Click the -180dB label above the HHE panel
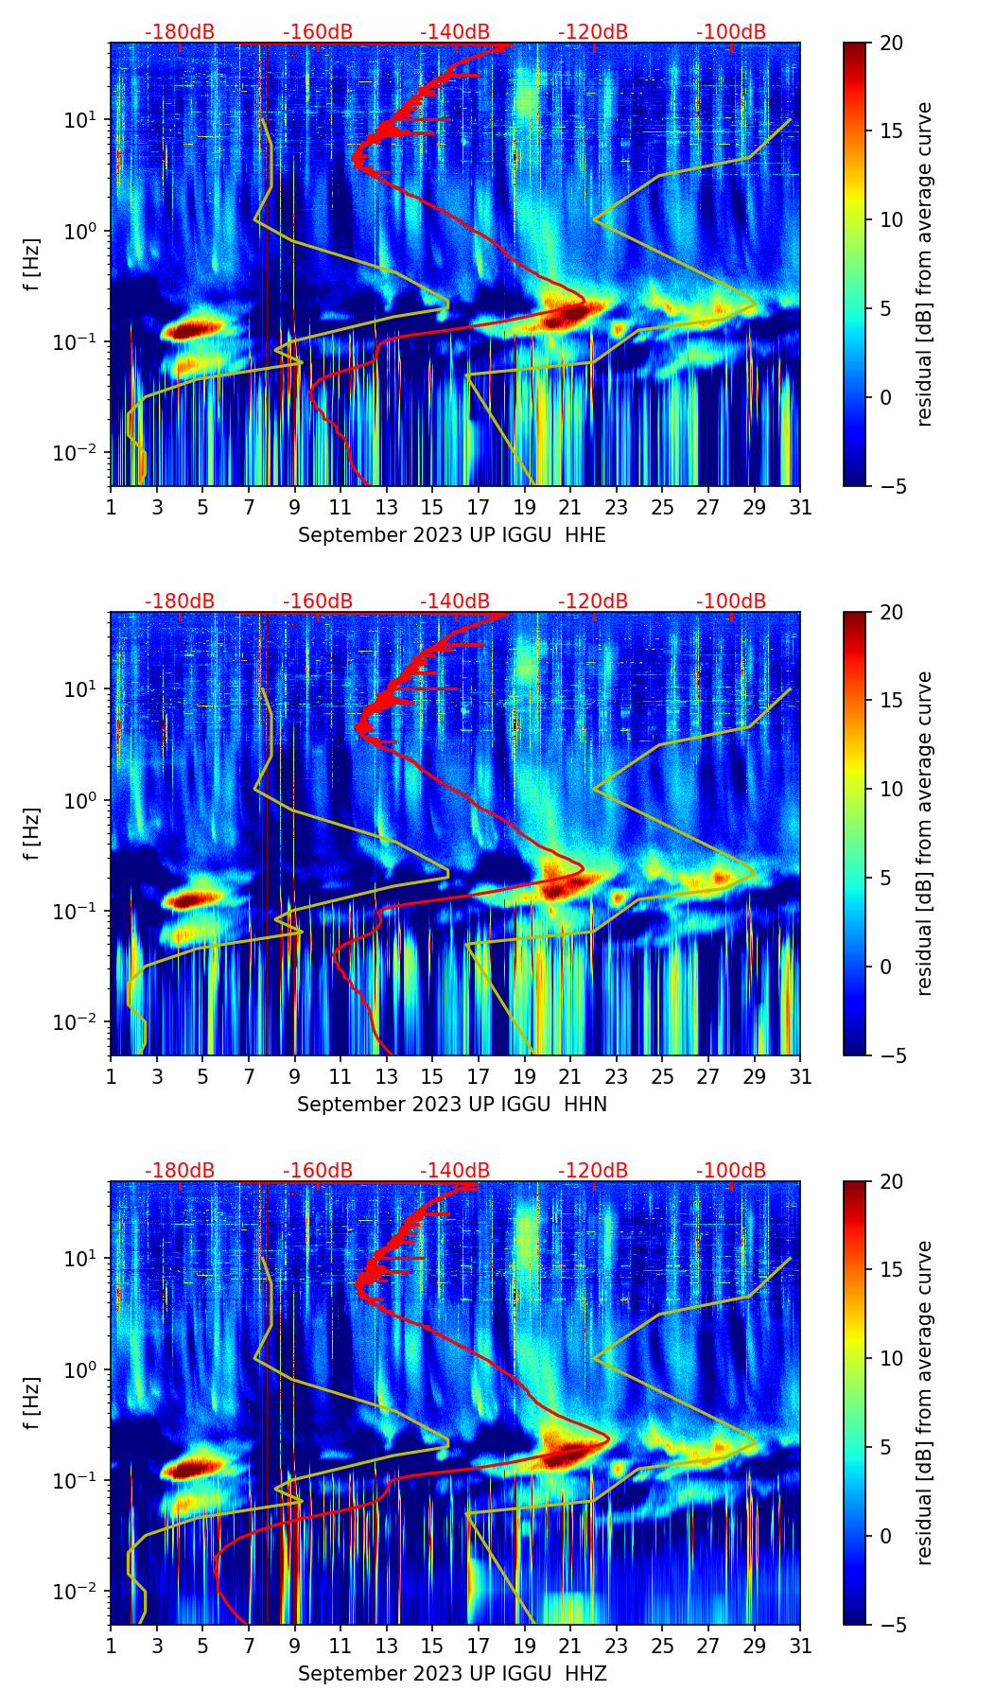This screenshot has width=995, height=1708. [180, 32]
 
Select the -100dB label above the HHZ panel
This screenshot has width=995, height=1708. [731, 1171]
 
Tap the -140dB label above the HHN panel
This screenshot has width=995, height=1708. [455, 601]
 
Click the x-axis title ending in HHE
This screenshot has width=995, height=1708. [452, 535]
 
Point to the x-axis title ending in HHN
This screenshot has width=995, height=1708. [452, 1105]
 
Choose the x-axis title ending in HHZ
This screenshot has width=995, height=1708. [452, 1674]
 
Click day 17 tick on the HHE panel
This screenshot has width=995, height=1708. [479, 507]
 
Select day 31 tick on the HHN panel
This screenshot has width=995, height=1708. [800, 1076]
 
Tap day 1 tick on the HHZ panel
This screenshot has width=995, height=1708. [112, 1646]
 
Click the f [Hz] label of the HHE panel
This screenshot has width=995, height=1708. [33, 265]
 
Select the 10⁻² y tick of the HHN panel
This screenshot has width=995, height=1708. [81, 1022]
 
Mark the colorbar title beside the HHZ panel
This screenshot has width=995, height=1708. [924, 1403]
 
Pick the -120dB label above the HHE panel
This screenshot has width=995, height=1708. [593, 32]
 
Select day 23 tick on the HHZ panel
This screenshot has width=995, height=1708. [617, 1646]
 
